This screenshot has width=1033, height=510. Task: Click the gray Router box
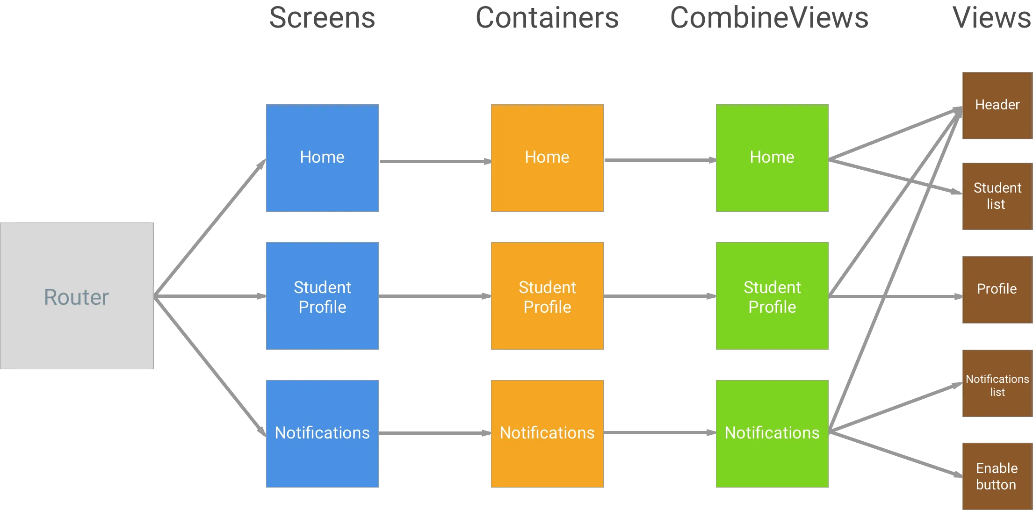click(78, 295)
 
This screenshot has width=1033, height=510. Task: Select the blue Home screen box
click(323, 157)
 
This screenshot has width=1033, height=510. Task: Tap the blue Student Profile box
click(323, 295)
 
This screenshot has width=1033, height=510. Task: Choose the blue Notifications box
click(323, 433)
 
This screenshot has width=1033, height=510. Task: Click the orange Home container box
click(548, 157)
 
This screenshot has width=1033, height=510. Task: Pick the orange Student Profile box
click(548, 295)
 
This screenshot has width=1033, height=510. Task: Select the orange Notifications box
click(548, 433)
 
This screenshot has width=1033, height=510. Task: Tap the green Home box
click(772, 157)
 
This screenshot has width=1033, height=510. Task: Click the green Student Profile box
click(772, 295)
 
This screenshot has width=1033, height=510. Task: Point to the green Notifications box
click(772, 433)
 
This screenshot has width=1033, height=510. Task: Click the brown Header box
click(997, 106)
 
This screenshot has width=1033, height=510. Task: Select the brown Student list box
click(997, 196)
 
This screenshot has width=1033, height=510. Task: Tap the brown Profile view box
click(997, 289)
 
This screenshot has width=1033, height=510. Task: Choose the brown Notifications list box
click(997, 383)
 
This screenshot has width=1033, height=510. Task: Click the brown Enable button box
click(997, 476)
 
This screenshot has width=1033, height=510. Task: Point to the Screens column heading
click(323, 18)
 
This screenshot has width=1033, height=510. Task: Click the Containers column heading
click(548, 18)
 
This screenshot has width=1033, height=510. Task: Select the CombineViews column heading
click(768, 18)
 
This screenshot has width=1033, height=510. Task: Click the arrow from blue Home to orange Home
click(435, 161)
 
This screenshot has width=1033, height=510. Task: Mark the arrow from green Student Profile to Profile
click(896, 295)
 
